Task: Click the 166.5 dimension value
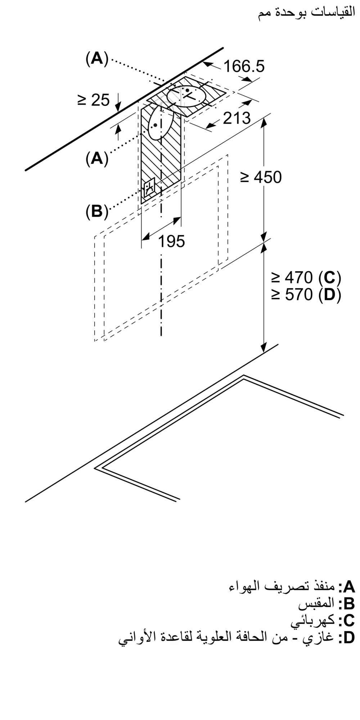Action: (244, 66)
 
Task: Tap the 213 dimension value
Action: (237, 118)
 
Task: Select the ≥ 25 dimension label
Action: (93, 100)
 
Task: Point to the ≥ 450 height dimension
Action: (261, 177)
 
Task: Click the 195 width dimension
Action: (172, 241)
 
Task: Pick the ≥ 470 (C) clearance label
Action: (306, 278)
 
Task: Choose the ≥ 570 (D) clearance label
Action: (306, 295)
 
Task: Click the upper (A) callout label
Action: (97, 58)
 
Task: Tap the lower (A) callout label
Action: (97, 158)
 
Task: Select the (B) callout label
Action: (97, 212)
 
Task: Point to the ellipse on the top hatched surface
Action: (187, 96)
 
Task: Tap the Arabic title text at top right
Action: (306, 14)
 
